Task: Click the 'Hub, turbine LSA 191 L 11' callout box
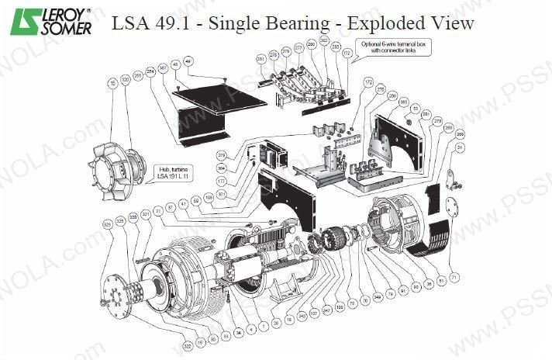[173, 171]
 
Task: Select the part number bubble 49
[188, 61]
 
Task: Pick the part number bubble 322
[187, 345]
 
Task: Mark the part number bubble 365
[403, 102]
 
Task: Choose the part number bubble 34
[239, 332]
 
